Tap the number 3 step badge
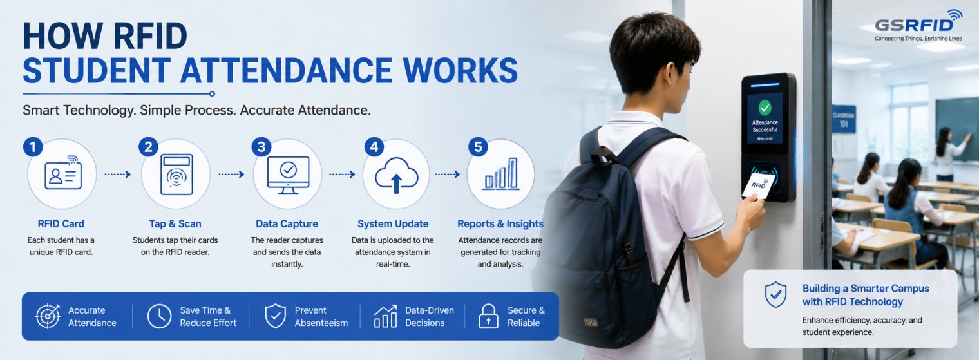pyautogui.click(x=261, y=147)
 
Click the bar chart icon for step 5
pyautogui.click(x=501, y=174)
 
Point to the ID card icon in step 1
pyautogui.click(x=63, y=173)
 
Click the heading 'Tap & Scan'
pyautogui.click(x=175, y=223)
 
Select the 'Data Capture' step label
pyautogui.click(x=287, y=223)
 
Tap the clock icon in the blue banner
pyautogui.click(x=159, y=316)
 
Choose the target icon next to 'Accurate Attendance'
pyautogui.click(x=48, y=316)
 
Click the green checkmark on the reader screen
pyautogui.click(x=765, y=107)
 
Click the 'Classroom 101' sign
pyautogui.click(x=844, y=119)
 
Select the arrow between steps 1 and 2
pyautogui.click(x=118, y=175)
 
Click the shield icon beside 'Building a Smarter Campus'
pyautogui.click(x=775, y=295)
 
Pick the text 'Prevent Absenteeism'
pyautogui.click(x=321, y=316)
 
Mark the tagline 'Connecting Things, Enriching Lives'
pyautogui.click(x=918, y=39)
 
